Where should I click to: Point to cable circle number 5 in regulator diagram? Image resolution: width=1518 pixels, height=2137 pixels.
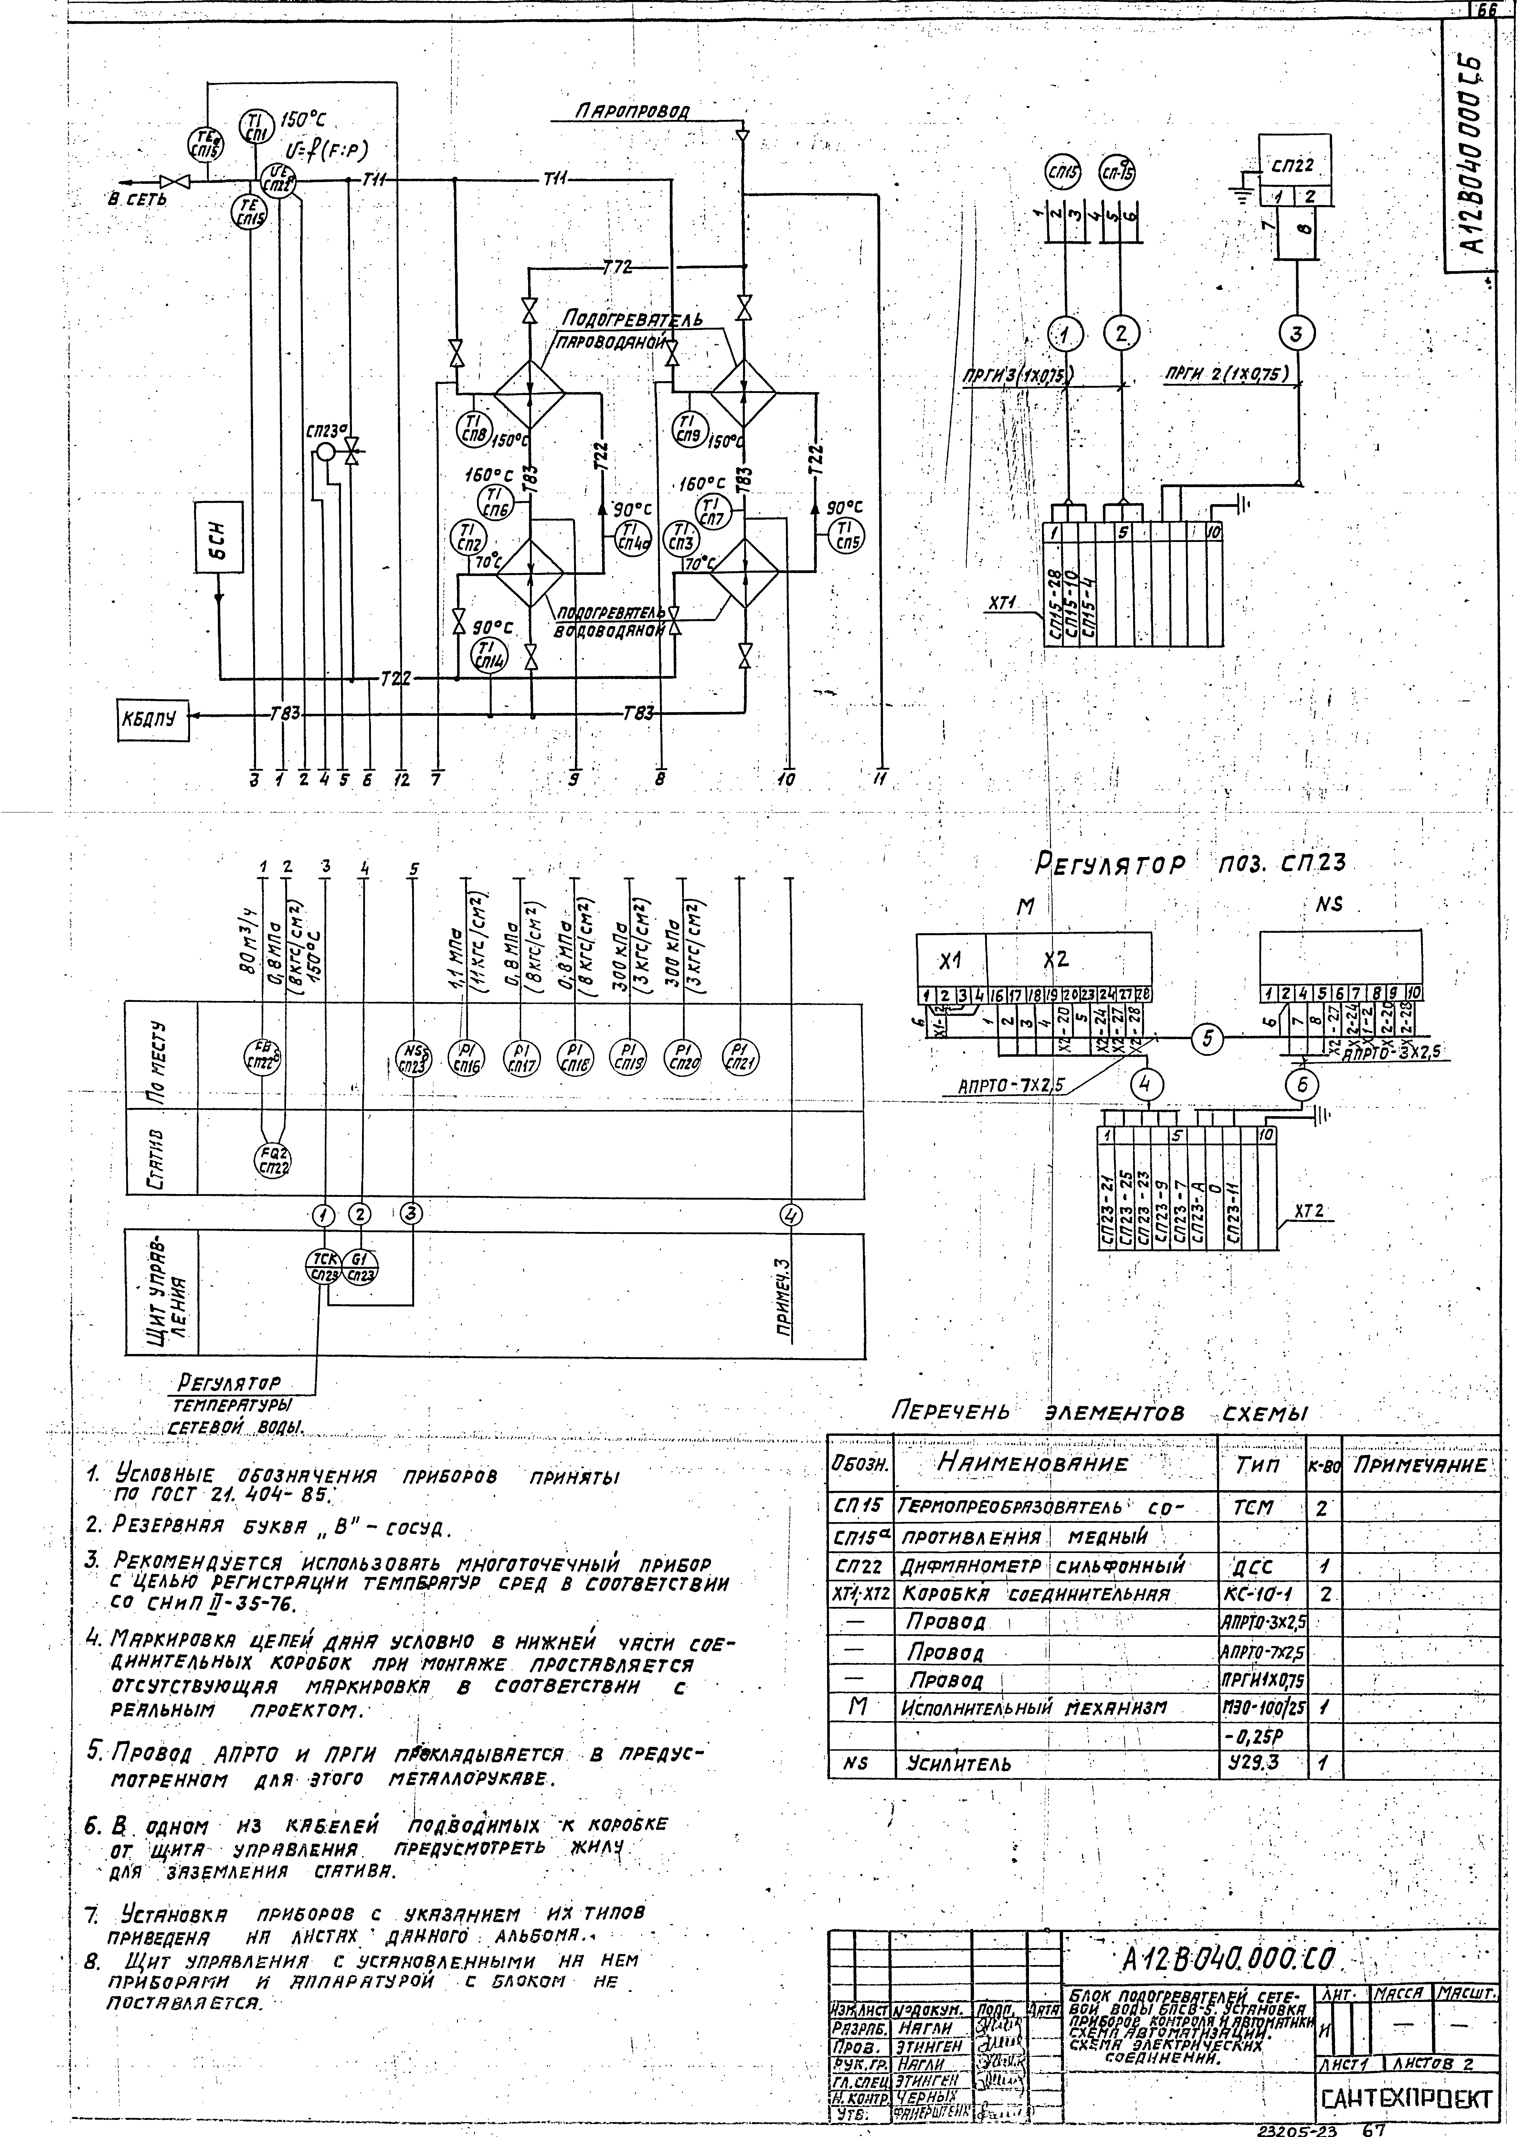click(x=1209, y=1038)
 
